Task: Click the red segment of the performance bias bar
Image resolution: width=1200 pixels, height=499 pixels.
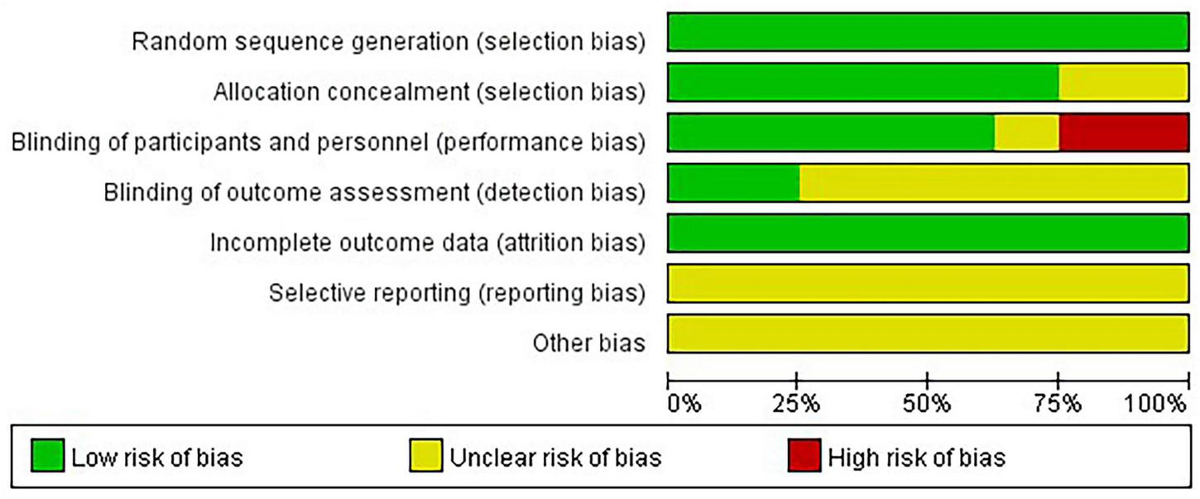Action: [1124, 133]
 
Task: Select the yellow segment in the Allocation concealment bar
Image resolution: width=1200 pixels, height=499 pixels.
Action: [1124, 83]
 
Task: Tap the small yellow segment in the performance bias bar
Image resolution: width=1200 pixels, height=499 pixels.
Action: [1026, 133]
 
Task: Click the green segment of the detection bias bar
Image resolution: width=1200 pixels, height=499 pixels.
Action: [733, 183]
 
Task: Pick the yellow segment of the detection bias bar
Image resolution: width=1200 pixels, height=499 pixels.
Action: [994, 183]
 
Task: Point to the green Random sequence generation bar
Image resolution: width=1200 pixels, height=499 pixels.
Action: [928, 32]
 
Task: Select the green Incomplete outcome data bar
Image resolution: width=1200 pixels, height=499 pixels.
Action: [928, 233]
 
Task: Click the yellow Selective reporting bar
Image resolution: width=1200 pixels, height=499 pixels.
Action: [928, 284]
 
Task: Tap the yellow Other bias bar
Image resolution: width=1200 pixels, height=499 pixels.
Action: [928, 334]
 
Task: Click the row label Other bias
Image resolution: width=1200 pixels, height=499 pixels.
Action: [588, 343]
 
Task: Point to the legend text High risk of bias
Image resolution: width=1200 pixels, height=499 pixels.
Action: [917, 458]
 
